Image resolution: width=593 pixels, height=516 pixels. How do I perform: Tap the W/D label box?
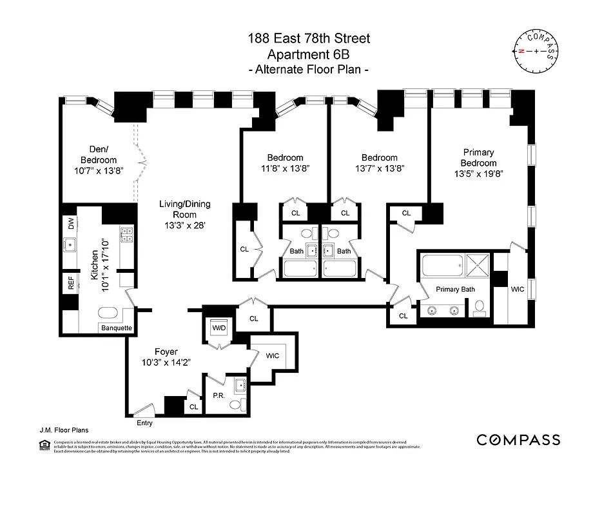pos(220,327)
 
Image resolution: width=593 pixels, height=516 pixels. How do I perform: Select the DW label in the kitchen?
pos(71,224)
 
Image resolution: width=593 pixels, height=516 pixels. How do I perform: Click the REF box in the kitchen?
pos(71,284)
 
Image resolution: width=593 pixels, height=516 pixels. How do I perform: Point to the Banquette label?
pos(117,328)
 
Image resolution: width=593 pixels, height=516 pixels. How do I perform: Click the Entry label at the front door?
pos(145,423)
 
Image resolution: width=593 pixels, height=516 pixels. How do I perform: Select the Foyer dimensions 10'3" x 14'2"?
pos(166,363)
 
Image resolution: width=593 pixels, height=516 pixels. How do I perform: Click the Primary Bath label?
pos(454,290)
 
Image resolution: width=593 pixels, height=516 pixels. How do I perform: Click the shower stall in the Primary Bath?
pos(478,264)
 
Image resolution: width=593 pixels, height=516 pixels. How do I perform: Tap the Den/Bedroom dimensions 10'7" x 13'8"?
pos(99,172)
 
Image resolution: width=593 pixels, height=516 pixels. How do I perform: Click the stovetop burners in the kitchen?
pos(126,235)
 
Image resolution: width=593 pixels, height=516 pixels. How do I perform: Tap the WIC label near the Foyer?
pos(272,355)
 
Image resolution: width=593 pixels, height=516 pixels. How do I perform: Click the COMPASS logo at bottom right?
pos(518,440)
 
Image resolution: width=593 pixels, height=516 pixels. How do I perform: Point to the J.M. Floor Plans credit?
pos(63,429)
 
